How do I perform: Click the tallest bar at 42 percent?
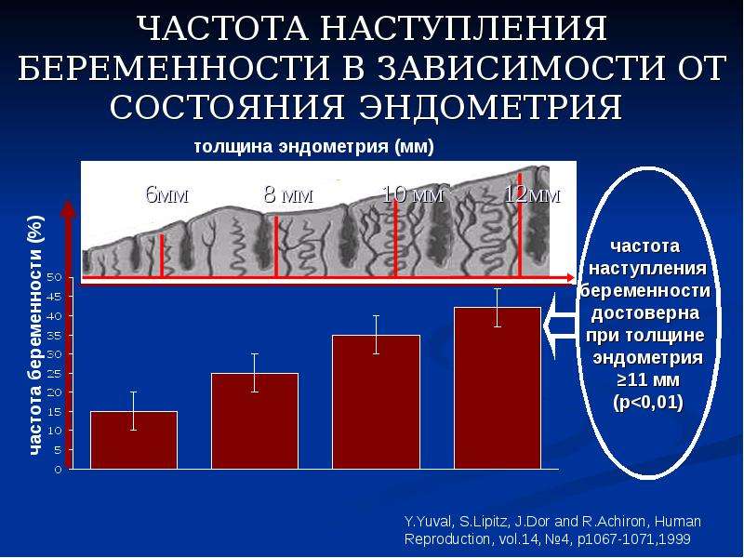tap(498, 388)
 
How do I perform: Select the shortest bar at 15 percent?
tap(134, 440)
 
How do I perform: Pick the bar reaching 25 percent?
tap(255, 421)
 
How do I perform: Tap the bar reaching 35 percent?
tap(376, 403)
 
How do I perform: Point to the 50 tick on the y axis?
tap(55, 277)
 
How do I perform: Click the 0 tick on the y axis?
tap(58, 470)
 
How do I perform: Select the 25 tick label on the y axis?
tap(55, 373)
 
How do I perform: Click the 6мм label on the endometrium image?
tap(167, 194)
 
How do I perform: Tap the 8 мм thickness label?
tap(288, 194)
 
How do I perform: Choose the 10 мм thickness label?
tap(413, 194)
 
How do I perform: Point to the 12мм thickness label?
tap(532, 194)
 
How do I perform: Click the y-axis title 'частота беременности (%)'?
tap(36, 336)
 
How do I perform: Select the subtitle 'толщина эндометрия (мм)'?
tap(314, 147)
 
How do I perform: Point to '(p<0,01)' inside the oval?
tap(648, 403)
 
